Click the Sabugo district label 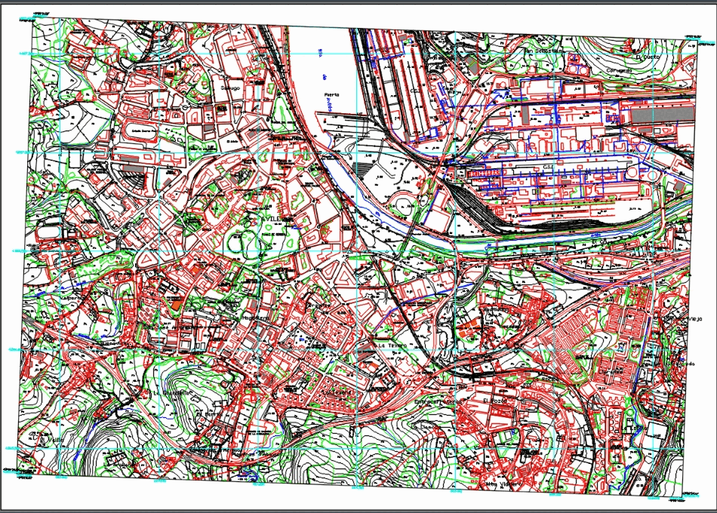[229, 88]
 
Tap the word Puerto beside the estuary [331, 95]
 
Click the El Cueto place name [648, 56]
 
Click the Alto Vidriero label [503, 484]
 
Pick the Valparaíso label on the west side [74, 298]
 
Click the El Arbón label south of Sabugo [231, 141]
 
